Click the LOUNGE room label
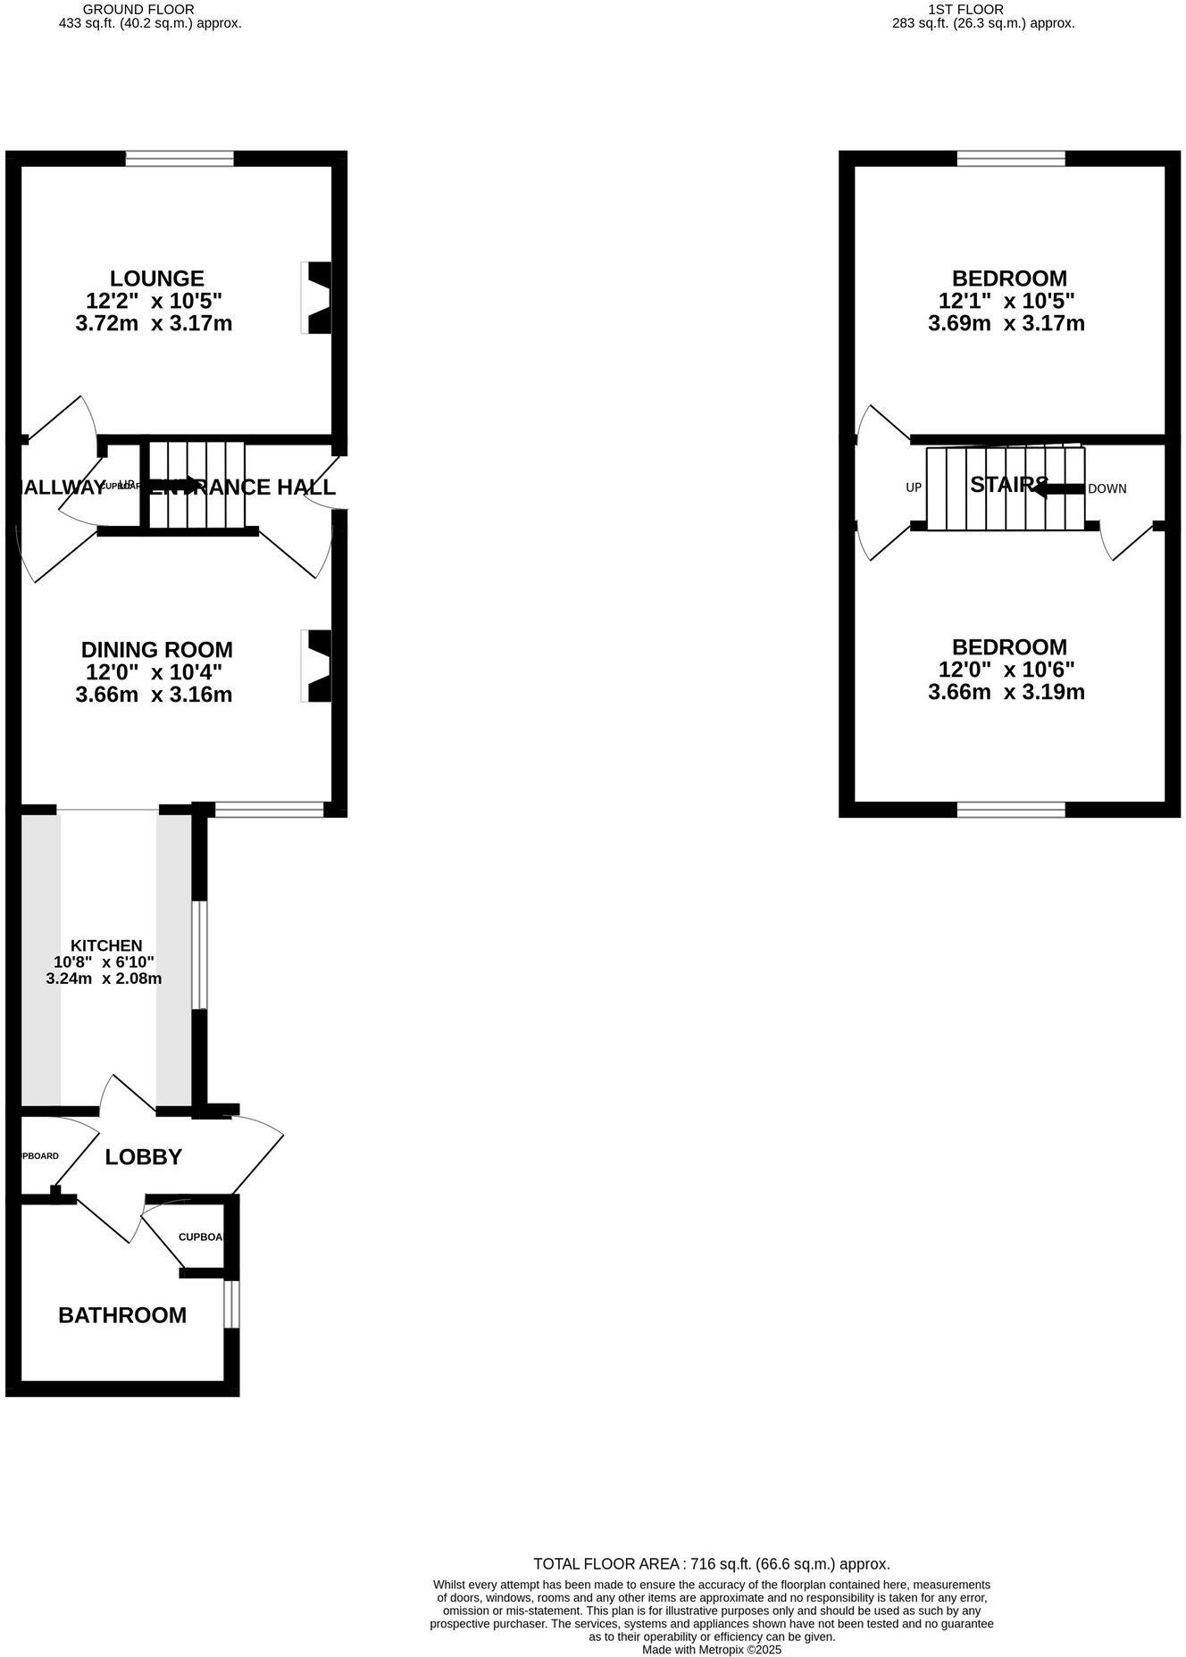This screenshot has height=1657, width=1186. click(156, 279)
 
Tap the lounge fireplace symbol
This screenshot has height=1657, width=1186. click(318, 298)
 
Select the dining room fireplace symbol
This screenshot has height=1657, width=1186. click(318, 666)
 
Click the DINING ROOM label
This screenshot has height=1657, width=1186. click(156, 650)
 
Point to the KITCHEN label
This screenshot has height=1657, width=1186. click(106, 945)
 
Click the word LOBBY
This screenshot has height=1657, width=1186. click(143, 1157)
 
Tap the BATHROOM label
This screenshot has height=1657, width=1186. click(122, 1315)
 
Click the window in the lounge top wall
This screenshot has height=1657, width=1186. click(180, 159)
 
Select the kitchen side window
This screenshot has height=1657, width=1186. click(200, 955)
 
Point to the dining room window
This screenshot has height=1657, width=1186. click(270, 810)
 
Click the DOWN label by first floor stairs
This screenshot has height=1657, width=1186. click(1107, 488)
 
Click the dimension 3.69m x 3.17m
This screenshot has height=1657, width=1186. click(1006, 323)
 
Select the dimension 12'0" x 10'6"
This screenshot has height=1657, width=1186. click(1006, 670)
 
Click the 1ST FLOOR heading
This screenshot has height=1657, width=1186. click(965, 9)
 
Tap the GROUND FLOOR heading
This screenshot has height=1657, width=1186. click(138, 9)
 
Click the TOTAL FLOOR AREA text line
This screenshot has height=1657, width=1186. click(711, 1563)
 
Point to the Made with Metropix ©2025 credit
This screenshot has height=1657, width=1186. click(711, 1650)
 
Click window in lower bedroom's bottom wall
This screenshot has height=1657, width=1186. click(1011, 810)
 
